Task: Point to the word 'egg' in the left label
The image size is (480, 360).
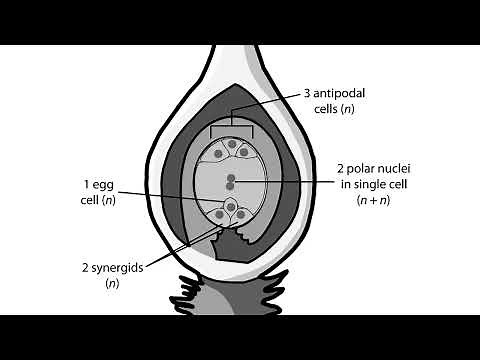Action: [x=104, y=184]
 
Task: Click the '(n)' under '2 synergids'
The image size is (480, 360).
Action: [x=112, y=285]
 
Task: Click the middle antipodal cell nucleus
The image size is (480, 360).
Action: [x=231, y=142]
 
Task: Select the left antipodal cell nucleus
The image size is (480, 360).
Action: [x=217, y=153]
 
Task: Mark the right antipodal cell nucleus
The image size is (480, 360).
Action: [x=245, y=153]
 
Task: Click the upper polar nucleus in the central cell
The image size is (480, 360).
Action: [x=231, y=177]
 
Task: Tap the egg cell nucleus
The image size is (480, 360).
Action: [x=231, y=206]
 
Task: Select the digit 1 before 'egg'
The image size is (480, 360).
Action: [x=87, y=184]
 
